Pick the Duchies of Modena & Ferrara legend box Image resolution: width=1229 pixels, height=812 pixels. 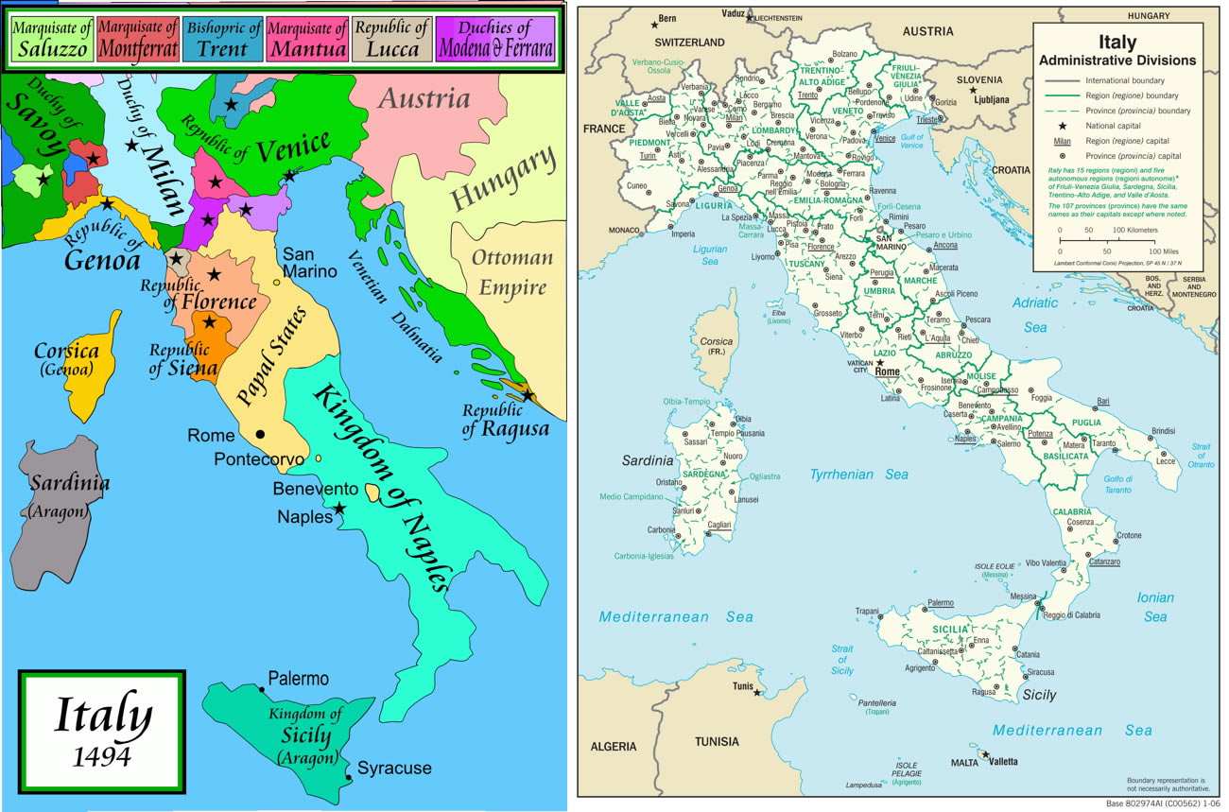pos(494,39)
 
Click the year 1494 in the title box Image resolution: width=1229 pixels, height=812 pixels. pos(102,756)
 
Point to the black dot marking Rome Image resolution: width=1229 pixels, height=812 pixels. pos(259,434)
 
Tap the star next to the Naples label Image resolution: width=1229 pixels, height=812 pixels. pos(339,509)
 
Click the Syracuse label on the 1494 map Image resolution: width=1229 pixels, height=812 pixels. pos(394,768)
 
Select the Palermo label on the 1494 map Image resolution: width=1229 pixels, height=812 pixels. pos(298,679)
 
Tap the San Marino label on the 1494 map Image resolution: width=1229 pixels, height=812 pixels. pos(310,264)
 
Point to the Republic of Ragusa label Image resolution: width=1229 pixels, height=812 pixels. pos(505,420)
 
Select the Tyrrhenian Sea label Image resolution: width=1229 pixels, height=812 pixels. pos(858,475)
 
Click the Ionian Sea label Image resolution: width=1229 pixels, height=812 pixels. pos(1155,607)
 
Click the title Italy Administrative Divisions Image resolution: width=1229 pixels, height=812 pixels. pos(1116,51)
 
